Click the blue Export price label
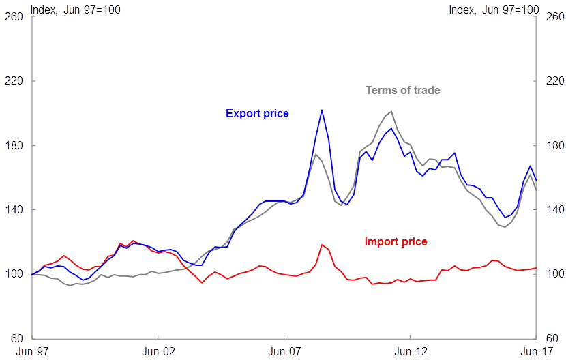(x=257, y=114)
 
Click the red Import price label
(x=396, y=241)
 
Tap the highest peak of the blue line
(x=321, y=110)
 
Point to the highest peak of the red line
(x=321, y=244)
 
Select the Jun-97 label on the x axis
(x=32, y=351)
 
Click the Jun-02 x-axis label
(x=158, y=351)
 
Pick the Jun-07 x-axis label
(x=285, y=351)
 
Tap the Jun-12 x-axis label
(x=411, y=351)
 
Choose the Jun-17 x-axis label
(x=536, y=351)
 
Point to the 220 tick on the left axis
(x=14, y=81)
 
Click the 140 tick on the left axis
(x=14, y=210)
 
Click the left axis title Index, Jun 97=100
(x=75, y=10)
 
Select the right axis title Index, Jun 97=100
(x=494, y=10)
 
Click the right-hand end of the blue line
(x=537, y=181)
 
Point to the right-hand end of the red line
(x=537, y=268)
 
